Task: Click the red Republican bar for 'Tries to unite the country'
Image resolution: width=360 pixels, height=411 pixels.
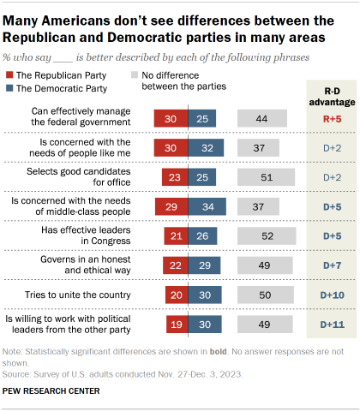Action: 175,295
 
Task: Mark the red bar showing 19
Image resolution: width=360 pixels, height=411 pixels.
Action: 176,325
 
